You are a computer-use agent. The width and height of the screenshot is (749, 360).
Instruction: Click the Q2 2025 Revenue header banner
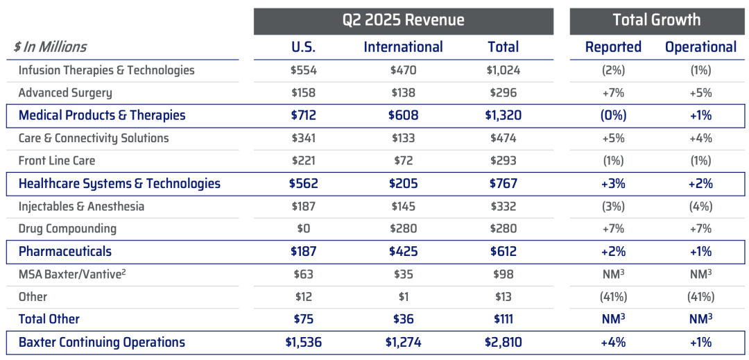tap(403, 20)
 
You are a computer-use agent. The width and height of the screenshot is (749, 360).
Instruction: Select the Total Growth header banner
tap(656, 20)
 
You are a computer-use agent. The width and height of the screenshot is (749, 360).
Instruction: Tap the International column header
tap(403, 47)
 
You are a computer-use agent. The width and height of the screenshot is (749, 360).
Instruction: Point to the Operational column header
tap(700, 47)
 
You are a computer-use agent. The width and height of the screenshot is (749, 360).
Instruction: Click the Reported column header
tap(613, 47)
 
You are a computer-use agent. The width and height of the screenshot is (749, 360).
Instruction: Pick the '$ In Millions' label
tap(51, 47)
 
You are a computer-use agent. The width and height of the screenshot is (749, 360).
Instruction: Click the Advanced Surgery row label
tap(65, 93)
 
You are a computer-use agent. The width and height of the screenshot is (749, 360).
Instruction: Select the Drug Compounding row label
tap(67, 229)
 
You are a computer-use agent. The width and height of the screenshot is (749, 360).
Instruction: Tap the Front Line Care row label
tap(57, 161)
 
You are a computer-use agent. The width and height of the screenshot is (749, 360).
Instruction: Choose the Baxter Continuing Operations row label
tap(102, 343)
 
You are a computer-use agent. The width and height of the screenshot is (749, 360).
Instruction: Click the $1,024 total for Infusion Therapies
tap(503, 70)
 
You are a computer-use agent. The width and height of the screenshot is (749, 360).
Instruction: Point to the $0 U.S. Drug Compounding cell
tap(303, 229)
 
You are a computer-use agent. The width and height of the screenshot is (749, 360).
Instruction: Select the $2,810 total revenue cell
tap(503, 343)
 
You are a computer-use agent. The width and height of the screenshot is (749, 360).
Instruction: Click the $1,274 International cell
tap(403, 343)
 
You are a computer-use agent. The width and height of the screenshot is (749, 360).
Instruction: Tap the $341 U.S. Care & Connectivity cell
tap(303, 138)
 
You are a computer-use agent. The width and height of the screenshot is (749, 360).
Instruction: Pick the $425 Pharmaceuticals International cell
tap(403, 252)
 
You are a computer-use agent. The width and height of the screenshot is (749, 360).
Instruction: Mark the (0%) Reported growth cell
tap(613, 116)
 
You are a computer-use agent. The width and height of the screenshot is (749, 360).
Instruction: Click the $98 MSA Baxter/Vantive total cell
tap(503, 274)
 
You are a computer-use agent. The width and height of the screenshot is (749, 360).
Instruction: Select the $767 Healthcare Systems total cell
tap(503, 184)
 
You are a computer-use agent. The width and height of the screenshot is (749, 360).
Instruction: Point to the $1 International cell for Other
tap(403, 297)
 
